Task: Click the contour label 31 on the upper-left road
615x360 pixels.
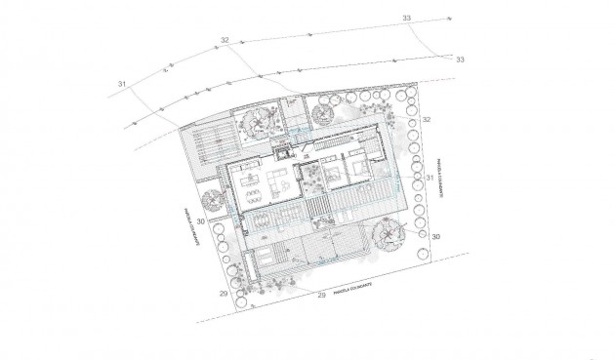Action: (122, 85)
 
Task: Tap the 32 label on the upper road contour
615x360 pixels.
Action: (225, 40)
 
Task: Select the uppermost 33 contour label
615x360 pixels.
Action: (405, 18)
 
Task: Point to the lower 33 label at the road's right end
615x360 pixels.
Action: (461, 60)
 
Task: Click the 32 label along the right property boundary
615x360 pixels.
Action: (427, 118)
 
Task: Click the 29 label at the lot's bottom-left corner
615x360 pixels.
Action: (224, 293)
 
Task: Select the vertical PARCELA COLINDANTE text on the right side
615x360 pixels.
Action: (440, 180)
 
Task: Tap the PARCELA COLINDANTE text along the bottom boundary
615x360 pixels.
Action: (354, 289)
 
